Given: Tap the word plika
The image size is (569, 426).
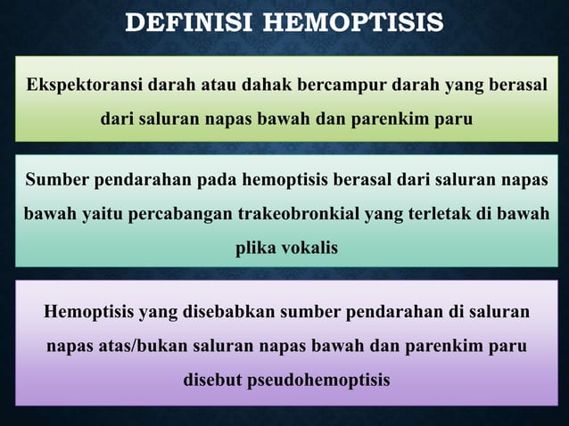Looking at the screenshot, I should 254,248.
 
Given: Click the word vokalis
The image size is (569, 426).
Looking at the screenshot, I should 308,248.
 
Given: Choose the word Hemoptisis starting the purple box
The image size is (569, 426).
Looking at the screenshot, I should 87,313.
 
